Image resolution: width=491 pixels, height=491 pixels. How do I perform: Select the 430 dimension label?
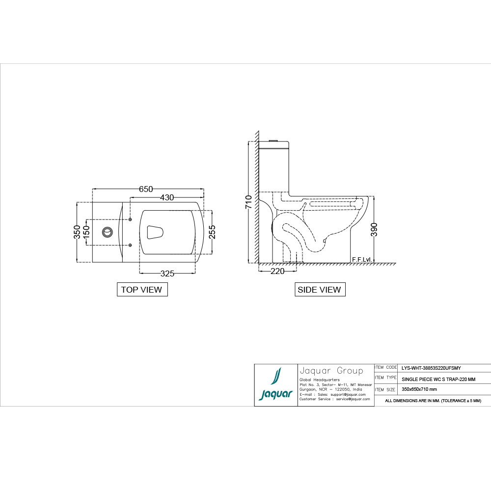tap(167, 197)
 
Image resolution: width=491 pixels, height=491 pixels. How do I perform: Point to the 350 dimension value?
tap(77, 232)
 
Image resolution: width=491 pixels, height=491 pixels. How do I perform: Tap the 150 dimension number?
tap(86, 232)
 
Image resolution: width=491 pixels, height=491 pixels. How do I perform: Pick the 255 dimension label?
tap(212, 232)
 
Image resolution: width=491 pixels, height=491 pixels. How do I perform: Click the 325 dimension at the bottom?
tap(167, 273)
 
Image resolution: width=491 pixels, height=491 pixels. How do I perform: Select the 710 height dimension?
tap(248, 202)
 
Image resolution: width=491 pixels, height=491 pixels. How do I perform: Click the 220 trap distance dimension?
tap(277, 271)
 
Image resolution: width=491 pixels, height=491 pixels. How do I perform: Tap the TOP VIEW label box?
tap(141, 290)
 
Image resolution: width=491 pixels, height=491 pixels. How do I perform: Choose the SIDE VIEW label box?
tap(319, 290)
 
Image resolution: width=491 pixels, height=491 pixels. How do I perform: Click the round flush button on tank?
tap(107, 232)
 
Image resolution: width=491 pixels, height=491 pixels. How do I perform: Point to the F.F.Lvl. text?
tap(361, 259)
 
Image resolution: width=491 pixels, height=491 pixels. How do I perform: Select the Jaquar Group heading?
tap(331, 371)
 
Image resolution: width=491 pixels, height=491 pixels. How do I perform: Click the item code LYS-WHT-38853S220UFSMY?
tap(431, 367)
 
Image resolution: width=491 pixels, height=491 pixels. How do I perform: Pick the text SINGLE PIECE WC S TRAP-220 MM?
tap(438, 379)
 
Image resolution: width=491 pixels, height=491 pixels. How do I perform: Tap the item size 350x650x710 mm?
tap(419, 389)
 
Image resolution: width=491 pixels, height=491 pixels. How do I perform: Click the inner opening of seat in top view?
tap(155, 232)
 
